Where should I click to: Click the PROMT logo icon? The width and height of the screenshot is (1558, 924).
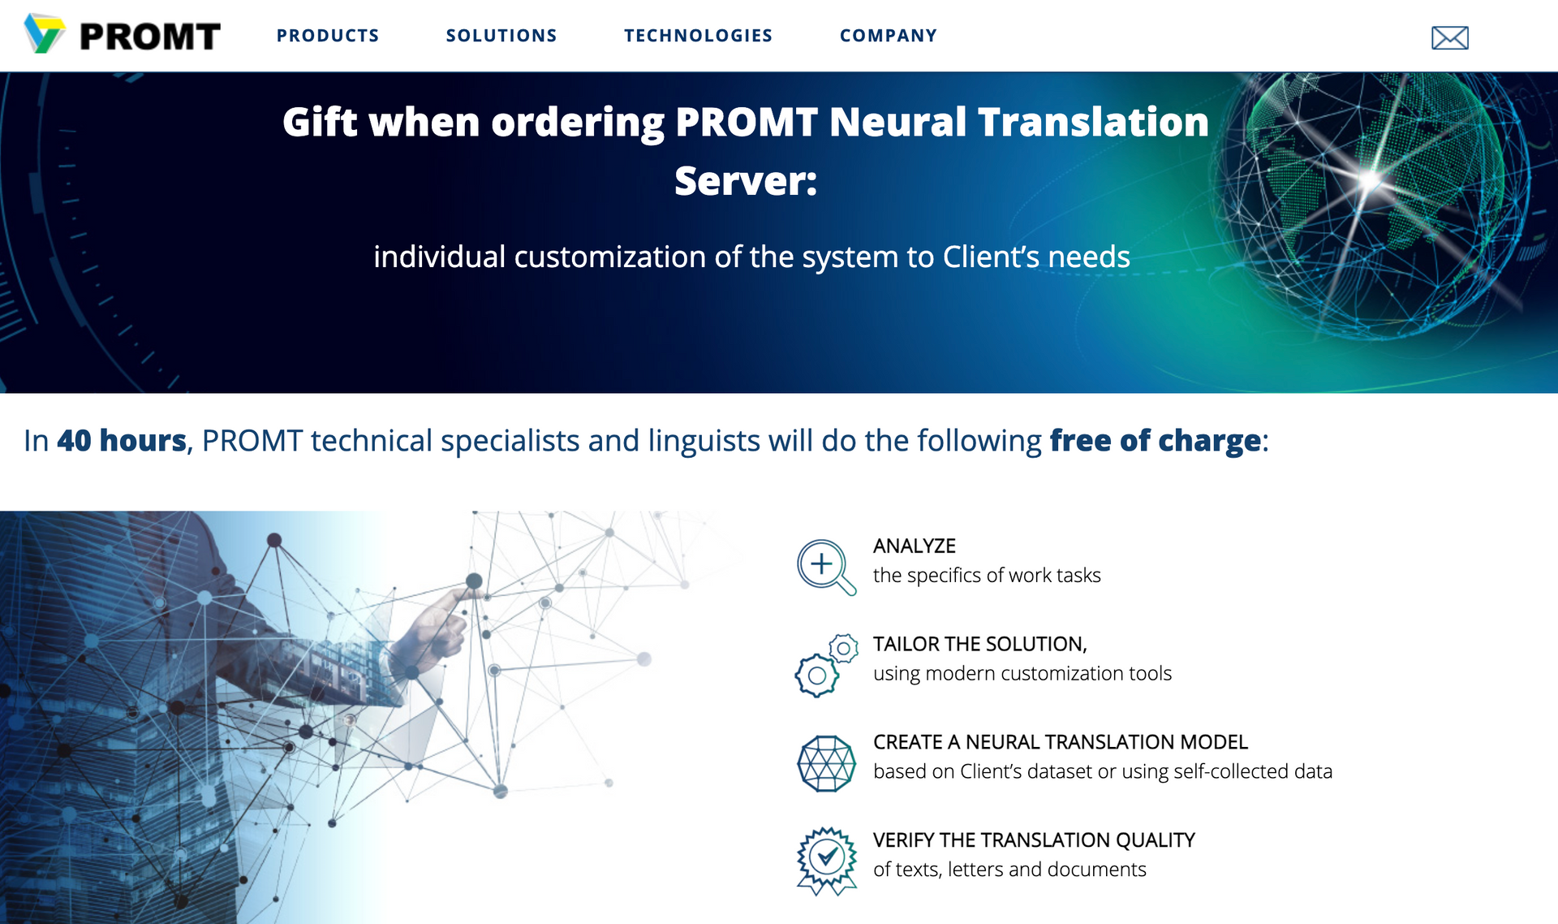(44, 33)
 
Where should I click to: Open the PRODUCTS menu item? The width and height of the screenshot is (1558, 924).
(328, 36)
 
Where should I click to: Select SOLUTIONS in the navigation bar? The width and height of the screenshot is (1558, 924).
(501, 36)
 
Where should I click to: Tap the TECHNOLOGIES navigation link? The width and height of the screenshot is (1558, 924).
(698, 36)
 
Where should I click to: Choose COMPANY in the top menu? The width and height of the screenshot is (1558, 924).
(889, 36)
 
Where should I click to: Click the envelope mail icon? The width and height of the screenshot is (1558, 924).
(1450, 37)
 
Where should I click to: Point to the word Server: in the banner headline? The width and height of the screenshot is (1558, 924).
(746, 180)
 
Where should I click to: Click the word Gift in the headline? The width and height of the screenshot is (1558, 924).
(320, 123)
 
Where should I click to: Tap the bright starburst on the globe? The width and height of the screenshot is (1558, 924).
(1370, 179)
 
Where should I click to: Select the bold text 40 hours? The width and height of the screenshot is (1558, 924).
(122, 440)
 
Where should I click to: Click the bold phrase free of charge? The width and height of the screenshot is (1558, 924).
(1156, 440)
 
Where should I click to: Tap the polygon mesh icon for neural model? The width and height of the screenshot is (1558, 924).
(826, 763)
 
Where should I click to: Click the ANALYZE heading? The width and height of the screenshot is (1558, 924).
(915, 546)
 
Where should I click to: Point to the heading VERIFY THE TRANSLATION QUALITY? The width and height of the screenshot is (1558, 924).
(1034, 840)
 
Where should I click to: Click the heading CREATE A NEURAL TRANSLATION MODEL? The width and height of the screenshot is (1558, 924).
(1061, 741)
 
